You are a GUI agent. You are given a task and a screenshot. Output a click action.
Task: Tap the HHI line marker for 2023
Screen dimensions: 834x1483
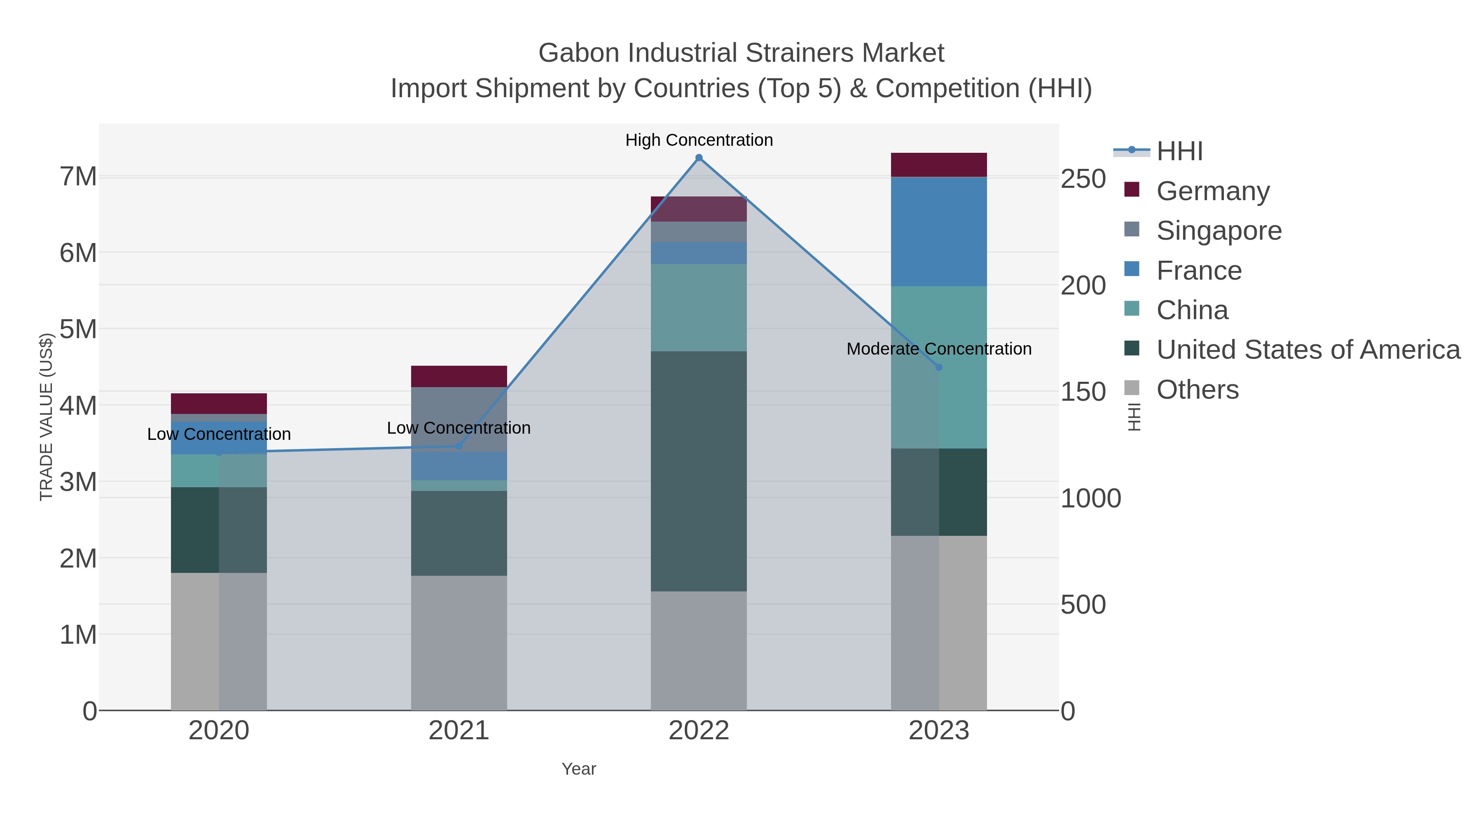(939, 367)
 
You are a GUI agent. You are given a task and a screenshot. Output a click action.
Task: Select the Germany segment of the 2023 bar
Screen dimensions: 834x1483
(939, 165)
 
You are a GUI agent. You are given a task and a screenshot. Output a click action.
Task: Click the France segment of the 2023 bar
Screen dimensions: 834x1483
(939, 231)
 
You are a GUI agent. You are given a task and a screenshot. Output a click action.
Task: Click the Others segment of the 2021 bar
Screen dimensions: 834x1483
(459, 642)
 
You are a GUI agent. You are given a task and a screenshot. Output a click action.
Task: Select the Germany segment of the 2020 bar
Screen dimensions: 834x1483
(219, 404)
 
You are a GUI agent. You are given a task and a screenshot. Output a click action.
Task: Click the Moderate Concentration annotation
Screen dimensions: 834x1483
(938, 349)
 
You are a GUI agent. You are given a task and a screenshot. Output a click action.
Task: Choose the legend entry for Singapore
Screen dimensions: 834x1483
(1219, 231)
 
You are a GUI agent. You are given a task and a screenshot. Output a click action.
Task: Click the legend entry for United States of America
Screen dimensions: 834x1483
(1308, 350)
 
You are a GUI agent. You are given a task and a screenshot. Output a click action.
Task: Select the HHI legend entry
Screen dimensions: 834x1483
(1179, 152)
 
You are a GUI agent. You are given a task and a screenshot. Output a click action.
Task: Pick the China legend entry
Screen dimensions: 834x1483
(1192, 310)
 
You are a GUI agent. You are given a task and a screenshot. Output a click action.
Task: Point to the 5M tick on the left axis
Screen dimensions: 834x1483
(78, 329)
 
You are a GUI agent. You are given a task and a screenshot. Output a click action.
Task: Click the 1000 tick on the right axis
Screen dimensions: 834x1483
(1090, 498)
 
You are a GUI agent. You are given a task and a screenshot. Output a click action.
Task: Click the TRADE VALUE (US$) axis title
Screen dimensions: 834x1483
(46, 417)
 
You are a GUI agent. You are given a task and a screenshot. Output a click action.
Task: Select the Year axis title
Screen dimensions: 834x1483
(579, 769)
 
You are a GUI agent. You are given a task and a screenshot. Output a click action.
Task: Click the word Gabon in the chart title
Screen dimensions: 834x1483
(579, 53)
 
